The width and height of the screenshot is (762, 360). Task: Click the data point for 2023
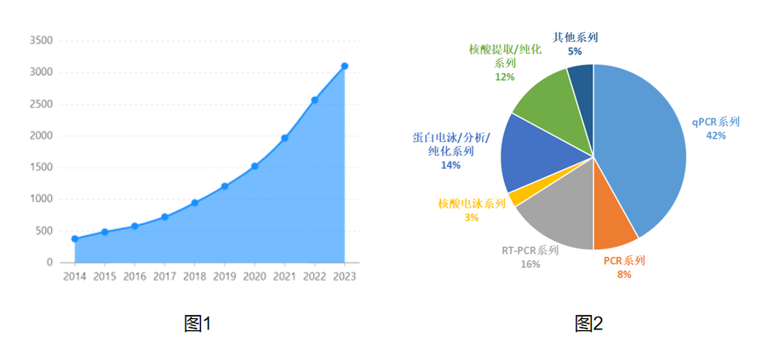[345, 66]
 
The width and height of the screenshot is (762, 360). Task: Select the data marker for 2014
[75, 239]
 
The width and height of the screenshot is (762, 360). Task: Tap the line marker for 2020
[255, 166]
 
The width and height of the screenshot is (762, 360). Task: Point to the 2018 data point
[195, 203]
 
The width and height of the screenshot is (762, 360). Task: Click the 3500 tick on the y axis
[41, 40]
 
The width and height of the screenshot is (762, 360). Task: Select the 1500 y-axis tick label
[41, 168]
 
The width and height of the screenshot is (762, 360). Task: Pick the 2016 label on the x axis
[135, 277]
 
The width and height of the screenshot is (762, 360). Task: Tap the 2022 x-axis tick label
[314, 277]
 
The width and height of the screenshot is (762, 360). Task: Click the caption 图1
[198, 323]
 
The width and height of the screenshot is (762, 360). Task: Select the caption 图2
[588, 323]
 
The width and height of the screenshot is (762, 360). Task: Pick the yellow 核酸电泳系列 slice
[515, 198]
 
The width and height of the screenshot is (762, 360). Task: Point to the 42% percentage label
[715, 135]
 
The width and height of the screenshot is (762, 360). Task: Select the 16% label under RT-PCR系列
[530, 264]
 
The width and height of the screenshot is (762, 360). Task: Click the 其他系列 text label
[576, 37]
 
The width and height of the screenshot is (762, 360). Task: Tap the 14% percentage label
[450, 165]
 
